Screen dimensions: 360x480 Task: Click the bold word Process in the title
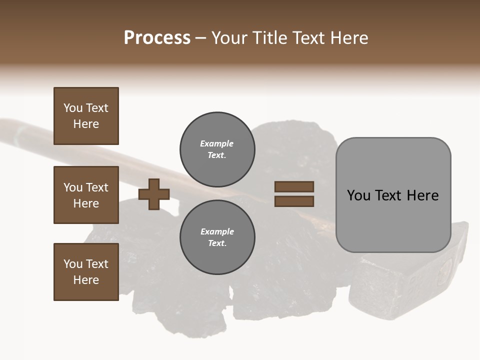click(157, 38)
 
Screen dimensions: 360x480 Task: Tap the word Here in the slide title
click(348, 38)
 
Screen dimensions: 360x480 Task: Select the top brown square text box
click(86, 116)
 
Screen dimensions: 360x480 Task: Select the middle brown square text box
click(86, 195)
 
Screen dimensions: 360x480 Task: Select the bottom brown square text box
click(86, 272)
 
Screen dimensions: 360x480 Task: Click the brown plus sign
click(154, 194)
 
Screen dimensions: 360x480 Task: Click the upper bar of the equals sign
click(294, 186)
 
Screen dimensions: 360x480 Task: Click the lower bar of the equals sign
click(294, 201)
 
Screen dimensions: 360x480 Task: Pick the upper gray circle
click(217, 149)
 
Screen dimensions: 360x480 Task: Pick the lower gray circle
click(217, 237)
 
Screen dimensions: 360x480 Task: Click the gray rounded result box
click(393, 195)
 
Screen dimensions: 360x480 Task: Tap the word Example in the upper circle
click(216, 143)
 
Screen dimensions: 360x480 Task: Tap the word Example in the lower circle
click(217, 231)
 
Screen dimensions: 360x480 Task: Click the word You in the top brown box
click(73, 108)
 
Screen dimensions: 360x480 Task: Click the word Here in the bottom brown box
click(86, 280)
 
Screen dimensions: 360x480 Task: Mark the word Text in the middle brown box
click(96, 187)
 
